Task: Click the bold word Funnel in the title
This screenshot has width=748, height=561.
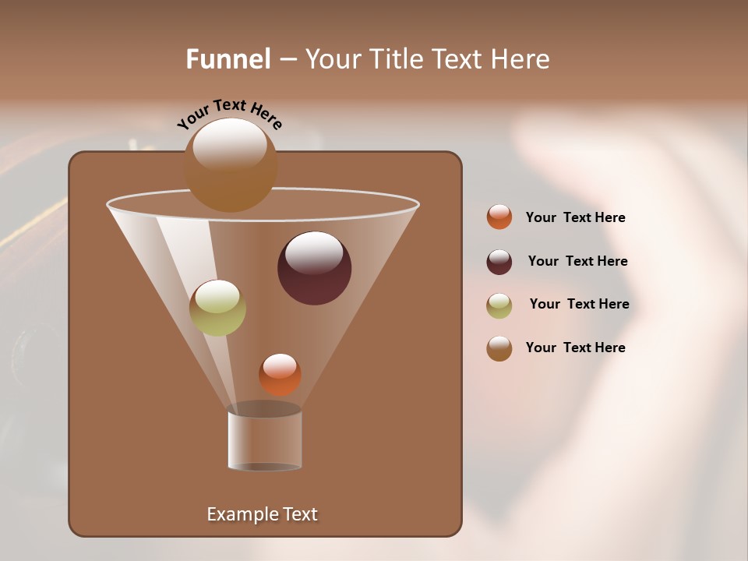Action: tap(228, 59)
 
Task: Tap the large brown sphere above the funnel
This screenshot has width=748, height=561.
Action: tap(231, 165)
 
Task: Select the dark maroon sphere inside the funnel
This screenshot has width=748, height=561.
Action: tap(315, 268)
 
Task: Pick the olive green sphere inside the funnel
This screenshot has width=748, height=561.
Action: tap(217, 308)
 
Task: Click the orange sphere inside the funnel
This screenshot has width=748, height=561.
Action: tap(280, 374)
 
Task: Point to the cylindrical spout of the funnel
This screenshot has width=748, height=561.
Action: tap(264, 440)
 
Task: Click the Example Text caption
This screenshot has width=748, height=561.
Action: tap(263, 514)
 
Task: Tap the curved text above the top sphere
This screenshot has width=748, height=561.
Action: tap(229, 114)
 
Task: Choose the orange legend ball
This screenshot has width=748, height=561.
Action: tap(499, 217)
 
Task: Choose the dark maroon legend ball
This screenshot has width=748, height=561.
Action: tap(499, 262)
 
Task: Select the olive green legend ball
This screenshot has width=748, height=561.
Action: tap(499, 305)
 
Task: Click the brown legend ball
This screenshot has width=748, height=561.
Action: tap(499, 348)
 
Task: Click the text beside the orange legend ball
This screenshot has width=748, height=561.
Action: tap(575, 218)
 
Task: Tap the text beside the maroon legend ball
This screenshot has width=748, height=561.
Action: tap(577, 262)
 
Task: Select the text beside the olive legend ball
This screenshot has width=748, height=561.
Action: tap(579, 305)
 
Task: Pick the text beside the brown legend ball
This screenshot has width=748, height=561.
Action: tap(575, 348)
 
